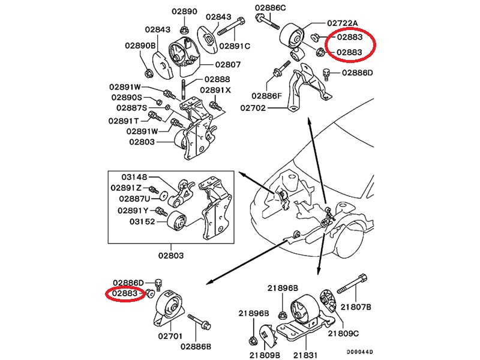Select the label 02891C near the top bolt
pyautogui.click(x=235, y=46)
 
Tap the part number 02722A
pyautogui.click(x=342, y=23)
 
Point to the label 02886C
pyautogui.click(x=270, y=7)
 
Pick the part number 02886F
pyautogui.click(x=266, y=95)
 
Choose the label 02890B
pyautogui.click(x=140, y=46)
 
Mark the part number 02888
pyautogui.click(x=217, y=79)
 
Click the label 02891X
pyautogui.click(x=215, y=90)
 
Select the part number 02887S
pyautogui.click(x=131, y=108)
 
